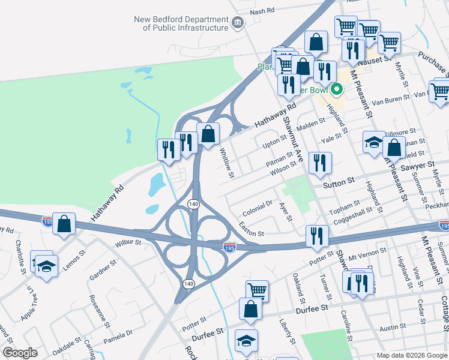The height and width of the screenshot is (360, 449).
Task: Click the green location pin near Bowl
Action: (337, 91)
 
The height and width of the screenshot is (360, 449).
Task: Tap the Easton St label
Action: (251, 229)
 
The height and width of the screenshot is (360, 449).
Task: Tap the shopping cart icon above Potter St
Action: (257, 291)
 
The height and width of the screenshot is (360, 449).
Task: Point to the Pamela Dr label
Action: (121, 334)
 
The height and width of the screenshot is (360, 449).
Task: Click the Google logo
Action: (20, 352)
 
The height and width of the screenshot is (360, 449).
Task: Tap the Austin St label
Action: (393, 328)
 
